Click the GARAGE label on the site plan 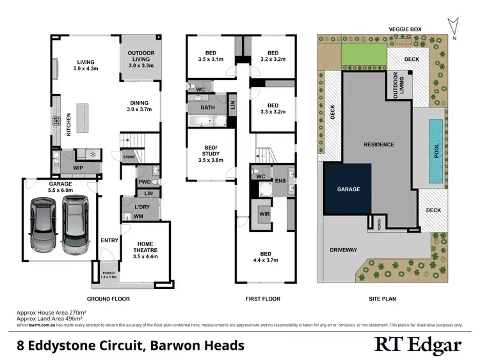point(348,189)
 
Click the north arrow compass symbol point(454,26)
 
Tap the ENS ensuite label point(279,181)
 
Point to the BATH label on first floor point(207,108)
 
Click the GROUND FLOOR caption point(109,299)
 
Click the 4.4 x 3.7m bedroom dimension point(264,260)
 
